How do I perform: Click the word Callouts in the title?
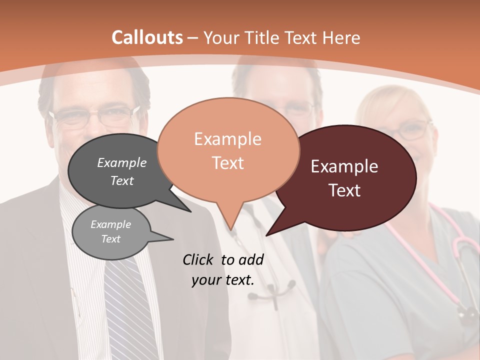point(147,37)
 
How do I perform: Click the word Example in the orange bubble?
point(227,139)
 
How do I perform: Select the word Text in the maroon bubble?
point(345,190)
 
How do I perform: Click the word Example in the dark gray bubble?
point(121,162)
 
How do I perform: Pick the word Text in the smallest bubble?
point(110,239)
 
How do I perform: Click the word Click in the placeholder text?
point(199,259)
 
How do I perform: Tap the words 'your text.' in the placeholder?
point(222,280)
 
